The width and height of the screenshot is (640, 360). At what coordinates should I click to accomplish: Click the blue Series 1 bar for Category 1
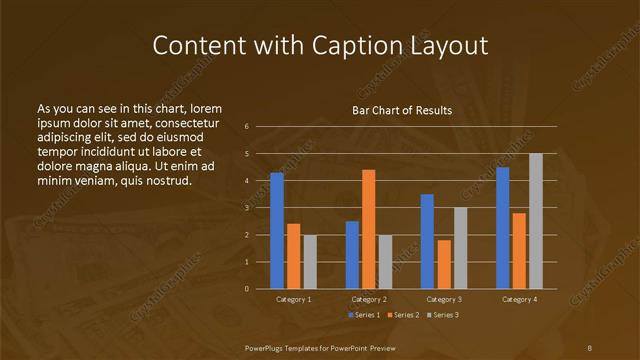coord(277,231)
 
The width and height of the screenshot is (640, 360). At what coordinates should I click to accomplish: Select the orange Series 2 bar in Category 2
coord(368,229)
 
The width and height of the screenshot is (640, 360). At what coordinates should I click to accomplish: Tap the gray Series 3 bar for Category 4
coord(535,221)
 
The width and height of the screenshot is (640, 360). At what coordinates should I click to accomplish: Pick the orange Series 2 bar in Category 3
coord(443,264)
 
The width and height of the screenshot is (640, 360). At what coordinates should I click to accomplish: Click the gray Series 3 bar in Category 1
coord(310,262)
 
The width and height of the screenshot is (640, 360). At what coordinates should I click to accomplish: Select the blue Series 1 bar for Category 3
coord(427,241)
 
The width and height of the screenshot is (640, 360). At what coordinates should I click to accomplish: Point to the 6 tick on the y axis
coord(247,127)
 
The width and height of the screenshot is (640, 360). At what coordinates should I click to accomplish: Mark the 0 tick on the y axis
coord(247,289)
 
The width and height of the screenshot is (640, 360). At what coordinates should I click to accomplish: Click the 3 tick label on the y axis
coord(247,208)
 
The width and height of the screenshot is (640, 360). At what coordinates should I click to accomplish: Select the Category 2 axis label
coord(369,299)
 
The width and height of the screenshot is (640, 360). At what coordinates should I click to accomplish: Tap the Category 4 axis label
coord(519,299)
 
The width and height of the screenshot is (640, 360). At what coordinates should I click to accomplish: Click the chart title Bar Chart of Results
coord(402,110)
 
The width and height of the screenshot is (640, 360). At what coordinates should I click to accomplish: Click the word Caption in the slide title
coord(360,46)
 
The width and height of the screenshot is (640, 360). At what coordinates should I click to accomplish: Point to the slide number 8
coord(589,347)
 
